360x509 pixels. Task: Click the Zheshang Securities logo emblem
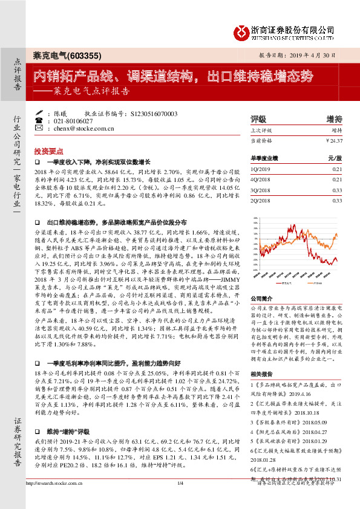[243, 31]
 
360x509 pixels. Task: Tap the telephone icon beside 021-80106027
[40, 121]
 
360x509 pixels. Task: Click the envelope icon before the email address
[40, 129]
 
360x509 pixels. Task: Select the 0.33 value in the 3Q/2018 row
[337, 189]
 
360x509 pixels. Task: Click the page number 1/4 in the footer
[180, 500]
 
